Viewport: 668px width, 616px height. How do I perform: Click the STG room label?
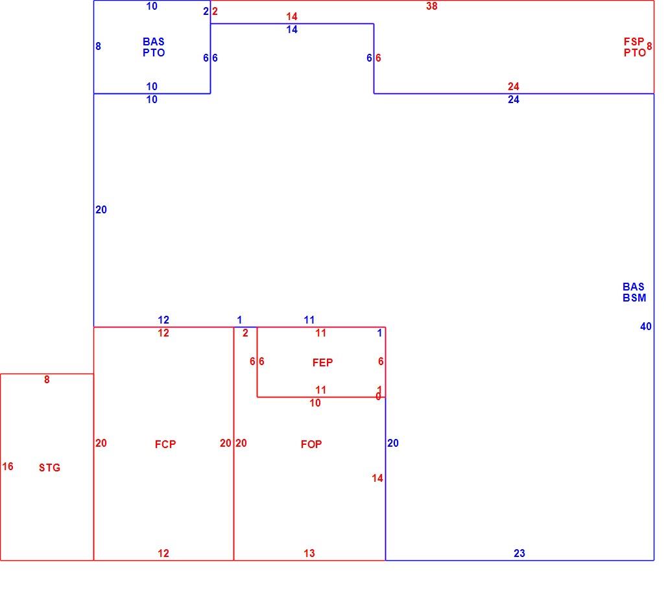coord(49,468)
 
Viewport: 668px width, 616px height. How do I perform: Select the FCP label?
coord(165,444)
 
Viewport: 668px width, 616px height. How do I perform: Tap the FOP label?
coord(311,444)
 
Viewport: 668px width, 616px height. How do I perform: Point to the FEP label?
coord(322,362)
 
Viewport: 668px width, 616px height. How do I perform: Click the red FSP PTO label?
coord(635,47)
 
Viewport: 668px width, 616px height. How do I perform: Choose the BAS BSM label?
coord(634,292)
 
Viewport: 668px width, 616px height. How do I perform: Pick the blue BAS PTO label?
coord(154,47)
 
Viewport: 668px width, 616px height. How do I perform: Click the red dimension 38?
coord(431,6)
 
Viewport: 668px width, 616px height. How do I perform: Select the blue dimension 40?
coord(646,326)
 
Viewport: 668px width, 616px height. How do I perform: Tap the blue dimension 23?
coord(519,553)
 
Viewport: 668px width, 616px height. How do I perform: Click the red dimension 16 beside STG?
coord(8,466)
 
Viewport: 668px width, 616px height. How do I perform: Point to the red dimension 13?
coord(309,553)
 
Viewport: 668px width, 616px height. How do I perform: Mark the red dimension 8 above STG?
coord(47,379)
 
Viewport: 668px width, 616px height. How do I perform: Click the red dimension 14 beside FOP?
coord(377,478)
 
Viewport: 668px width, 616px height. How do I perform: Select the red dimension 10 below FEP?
coord(315,403)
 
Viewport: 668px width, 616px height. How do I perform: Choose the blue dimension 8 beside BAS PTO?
coord(99,46)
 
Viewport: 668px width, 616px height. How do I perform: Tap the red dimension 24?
coord(514,86)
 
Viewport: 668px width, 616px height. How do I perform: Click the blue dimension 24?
coord(514,99)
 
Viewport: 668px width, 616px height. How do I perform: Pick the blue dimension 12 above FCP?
coord(163,320)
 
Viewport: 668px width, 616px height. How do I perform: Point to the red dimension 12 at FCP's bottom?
coord(163,553)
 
